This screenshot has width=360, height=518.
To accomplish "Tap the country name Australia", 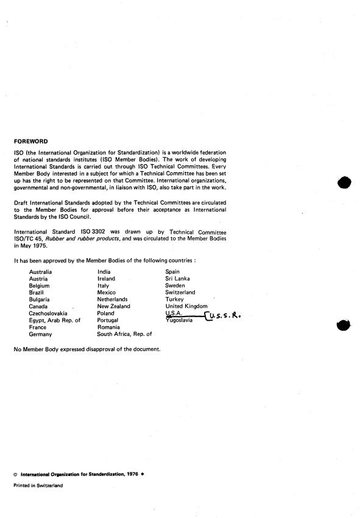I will (x=41, y=271).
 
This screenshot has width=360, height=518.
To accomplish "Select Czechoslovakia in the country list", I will (x=48, y=313).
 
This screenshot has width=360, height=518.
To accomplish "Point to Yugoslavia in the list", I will (x=179, y=320).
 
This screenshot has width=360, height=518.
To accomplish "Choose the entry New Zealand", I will (x=113, y=306).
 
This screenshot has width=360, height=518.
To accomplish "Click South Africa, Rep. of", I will (x=124, y=334).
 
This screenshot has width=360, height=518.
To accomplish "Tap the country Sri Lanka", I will (x=178, y=278).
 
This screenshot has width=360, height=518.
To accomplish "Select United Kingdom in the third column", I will (x=186, y=306).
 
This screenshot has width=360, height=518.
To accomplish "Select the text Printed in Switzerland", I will (x=38, y=486).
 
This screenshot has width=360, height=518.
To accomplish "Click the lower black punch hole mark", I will (x=344, y=325).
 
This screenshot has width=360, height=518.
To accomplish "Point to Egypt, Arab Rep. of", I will (x=55, y=320).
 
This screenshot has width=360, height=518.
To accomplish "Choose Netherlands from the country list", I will (x=113, y=299).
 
